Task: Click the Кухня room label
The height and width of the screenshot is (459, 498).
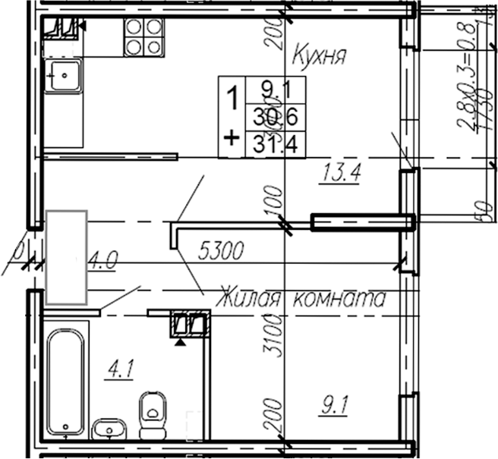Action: pyautogui.click(x=320, y=55)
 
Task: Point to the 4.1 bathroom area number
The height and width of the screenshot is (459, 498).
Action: pyautogui.click(x=120, y=371)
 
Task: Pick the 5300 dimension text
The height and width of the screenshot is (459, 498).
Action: pyautogui.click(x=220, y=250)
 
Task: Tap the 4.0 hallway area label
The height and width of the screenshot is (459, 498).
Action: pyautogui.click(x=102, y=263)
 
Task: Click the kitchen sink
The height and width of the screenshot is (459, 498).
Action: pyautogui.click(x=64, y=76)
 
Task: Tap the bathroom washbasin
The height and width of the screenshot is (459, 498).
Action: pyautogui.click(x=112, y=430)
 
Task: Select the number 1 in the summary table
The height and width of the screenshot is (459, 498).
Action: pyautogui.click(x=234, y=97)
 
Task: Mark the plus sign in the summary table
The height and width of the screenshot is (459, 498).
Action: pyautogui.click(x=232, y=138)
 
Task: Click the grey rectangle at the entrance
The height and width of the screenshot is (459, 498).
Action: pyautogui.click(x=68, y=257)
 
